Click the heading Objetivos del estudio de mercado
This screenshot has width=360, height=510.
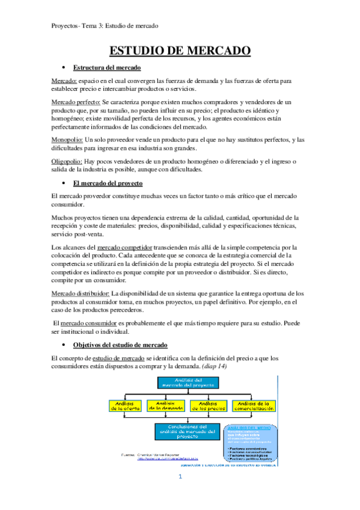pyautogui.click(x=120, y=345)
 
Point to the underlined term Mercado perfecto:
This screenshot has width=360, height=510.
pyautogui.click(x=76, y=103)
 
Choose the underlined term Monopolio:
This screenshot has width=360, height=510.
pyautogui.click(x=67, y=140)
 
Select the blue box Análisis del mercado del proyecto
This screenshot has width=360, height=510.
pyautogui.click(x=185, y=382)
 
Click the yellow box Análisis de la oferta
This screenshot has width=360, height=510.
pyautogui.click(x=125, y=406)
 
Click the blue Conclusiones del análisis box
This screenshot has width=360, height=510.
pyautogui.click(x=185, y=431)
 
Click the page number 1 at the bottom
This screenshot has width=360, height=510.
pyautogui.click(x=180, y=494)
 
